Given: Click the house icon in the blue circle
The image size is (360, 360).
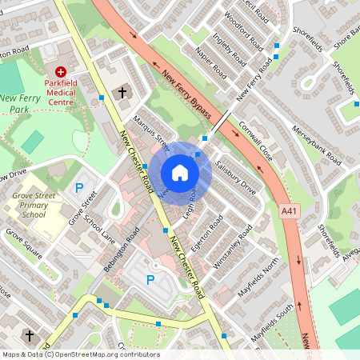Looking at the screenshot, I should tap(180, 172).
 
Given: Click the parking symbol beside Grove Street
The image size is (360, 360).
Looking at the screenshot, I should tap(78, 188).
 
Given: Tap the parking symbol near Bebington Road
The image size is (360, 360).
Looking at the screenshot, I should tap(150, 280).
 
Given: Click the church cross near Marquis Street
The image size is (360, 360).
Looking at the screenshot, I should tap(122, 93).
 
